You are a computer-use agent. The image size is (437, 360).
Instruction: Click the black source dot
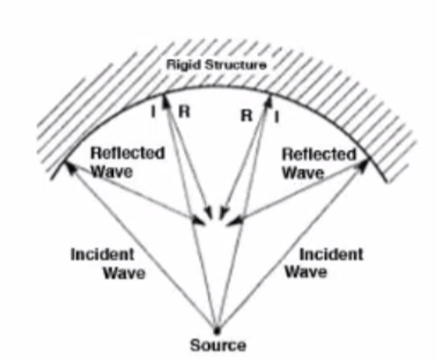[x=217, y=330]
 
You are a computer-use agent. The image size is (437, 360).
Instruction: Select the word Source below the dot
[x=218, y=345]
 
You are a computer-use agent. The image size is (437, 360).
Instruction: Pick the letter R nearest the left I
[x=184, y=112]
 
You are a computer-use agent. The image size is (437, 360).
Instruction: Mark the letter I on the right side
[x=277, y=117]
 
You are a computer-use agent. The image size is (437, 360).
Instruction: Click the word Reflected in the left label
[x=127, y=153]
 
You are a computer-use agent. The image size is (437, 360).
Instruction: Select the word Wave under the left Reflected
[x=112, y=171]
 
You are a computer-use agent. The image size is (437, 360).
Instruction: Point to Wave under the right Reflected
[x=303, y=172]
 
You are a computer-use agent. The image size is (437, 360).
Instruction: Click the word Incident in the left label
[x=102, y=254]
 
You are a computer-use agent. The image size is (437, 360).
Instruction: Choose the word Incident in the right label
[x=331, y=254]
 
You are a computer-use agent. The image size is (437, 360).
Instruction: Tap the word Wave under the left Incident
[x=124, y=273]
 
